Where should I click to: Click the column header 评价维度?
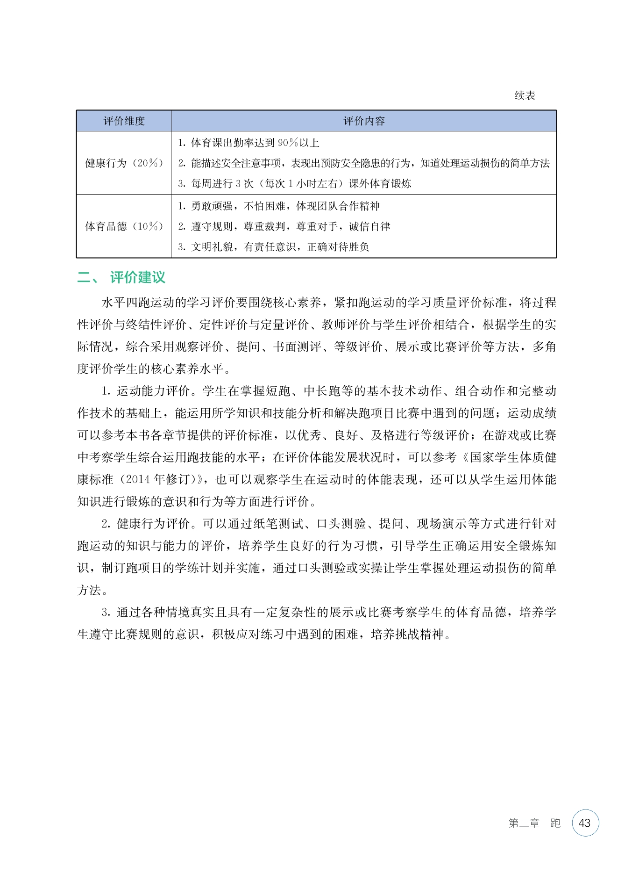point(124,121)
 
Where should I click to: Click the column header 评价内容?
point(364,121)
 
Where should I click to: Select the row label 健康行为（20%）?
point(124,163)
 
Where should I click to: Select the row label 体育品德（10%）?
point(124,226)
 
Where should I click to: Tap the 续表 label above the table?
point(525,95)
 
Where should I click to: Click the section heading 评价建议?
point(137,277)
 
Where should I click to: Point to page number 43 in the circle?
point(584,823)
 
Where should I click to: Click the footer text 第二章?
point(524,823)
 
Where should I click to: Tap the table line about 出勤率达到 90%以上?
point(249,143)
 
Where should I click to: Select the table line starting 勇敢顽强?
point(279,206)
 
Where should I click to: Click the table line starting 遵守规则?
point(284,226)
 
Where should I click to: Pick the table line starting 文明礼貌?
point(274,246)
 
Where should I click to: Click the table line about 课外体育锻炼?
point(294,183)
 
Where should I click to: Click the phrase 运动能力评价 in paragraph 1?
point(153,391)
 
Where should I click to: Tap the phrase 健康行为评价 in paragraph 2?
point(153,524)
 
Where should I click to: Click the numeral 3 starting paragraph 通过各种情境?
point(105,612)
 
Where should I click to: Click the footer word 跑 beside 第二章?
point(555,823)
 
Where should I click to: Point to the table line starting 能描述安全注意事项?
point(364,163)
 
